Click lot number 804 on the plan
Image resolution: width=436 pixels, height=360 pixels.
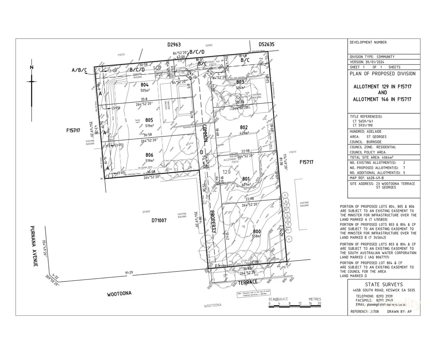coord(144,85)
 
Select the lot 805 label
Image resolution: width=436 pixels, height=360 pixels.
coord(149,120)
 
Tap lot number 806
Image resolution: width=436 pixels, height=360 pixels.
coord(149,155)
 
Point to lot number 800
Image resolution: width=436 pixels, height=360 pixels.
coord(257,231)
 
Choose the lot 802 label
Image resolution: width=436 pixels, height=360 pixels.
coord(244,127)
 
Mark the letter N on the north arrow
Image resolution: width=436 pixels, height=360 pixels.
coord(32,67)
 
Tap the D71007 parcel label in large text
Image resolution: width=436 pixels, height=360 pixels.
coord(159,220)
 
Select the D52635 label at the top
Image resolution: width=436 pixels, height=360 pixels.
coord(266,44)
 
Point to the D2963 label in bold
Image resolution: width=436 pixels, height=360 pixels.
coord(174,44)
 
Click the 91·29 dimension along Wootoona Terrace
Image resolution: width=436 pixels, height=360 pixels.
coord(129,273)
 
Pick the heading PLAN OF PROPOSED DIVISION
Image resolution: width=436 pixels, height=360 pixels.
coord(382,74)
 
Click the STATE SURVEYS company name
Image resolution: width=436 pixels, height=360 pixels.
coord(384,285)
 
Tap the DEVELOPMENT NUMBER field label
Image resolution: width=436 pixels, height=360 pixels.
coord(368,42)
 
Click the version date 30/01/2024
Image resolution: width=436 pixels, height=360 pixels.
coord(375,62)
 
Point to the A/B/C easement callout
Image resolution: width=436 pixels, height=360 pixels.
coord(79,70)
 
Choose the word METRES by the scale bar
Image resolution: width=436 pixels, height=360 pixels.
coord(315,299)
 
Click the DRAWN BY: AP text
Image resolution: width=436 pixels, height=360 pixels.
coord(399,312)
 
